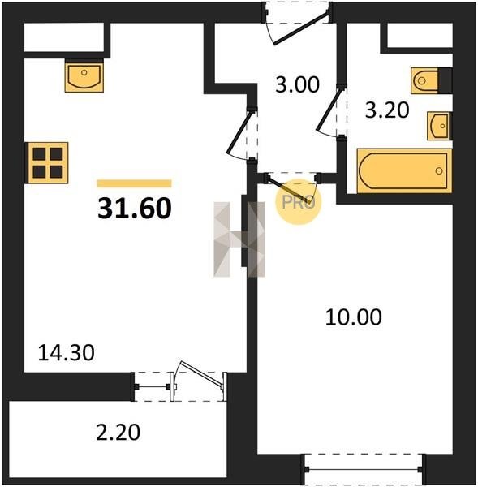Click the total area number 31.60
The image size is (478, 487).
pyautogui.click(x=135, y=209)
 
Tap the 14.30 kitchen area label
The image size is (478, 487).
pyautogui.click(x=66, y=353)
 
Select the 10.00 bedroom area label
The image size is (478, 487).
pyautogui.click(x=354, y=317)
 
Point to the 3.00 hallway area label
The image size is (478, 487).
pyautogui.click(x=297, y=84)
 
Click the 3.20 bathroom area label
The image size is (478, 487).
pyautogui.click(x=387, y=110)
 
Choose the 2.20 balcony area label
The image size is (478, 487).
pyautogui.click(x=118, y=433)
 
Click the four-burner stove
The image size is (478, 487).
pyautogui.click(x=48, y=163)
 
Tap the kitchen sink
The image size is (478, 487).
pyautogui.click(x=84, y=75)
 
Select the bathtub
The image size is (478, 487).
pyautogui.click(x=404, y=171)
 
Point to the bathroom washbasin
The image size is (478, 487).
pyautogui.click(x=439, y=126)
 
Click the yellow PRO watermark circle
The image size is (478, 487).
pyautogui.click(x=298, y=202)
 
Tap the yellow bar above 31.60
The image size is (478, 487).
pyautogui.click(x=134, y=183)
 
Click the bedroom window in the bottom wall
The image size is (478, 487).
pyautogui.click(x=364, y=469)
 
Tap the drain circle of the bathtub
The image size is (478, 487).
pyautogui.click(x=439, y=170)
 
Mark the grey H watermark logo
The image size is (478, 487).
pyautogui.click(x=239, y=239)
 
